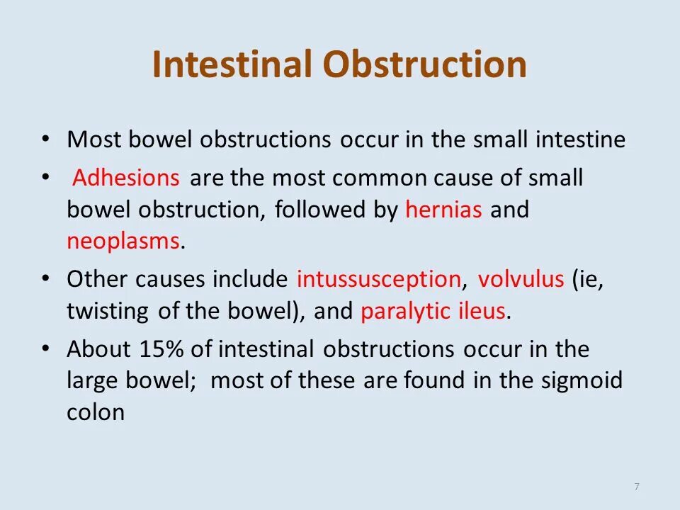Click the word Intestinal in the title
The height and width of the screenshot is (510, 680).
pos(233,65)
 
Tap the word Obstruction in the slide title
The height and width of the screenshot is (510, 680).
pos(425,65)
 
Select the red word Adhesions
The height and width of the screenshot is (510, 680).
pos(127,178)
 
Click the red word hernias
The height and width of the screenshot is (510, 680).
pos(444,210)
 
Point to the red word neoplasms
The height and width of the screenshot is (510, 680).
pos(123,242)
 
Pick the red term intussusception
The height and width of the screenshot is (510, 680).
pos(379,279)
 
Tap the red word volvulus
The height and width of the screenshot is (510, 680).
pos(521,279)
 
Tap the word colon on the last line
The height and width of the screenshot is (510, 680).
pos(96,413)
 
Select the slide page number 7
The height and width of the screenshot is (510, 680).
pos(637,486)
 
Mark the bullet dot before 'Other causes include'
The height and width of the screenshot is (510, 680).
pos(46,278)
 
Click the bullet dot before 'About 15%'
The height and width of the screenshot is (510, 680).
pos(46,348)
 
